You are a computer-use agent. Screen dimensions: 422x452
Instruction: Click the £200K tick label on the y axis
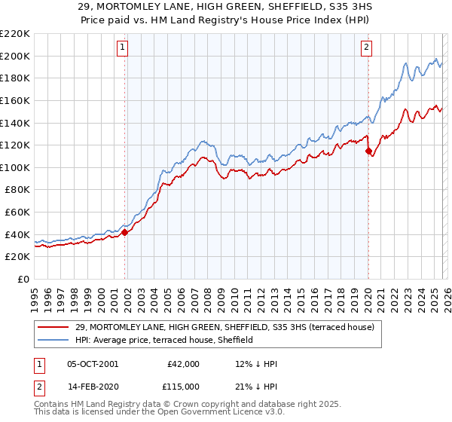coord(15,56)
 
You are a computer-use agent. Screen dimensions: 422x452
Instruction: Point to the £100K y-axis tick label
coord(15,167)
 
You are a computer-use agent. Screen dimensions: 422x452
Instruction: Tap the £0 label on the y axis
coord(23,279)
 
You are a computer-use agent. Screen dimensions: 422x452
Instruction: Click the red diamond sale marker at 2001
coord(125,232)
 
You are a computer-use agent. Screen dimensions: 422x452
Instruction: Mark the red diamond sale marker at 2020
coord(368,151)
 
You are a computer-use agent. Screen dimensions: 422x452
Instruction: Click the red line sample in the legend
coord(53,326)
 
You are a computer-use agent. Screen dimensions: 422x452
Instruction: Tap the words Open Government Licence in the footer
coord(196,413)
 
